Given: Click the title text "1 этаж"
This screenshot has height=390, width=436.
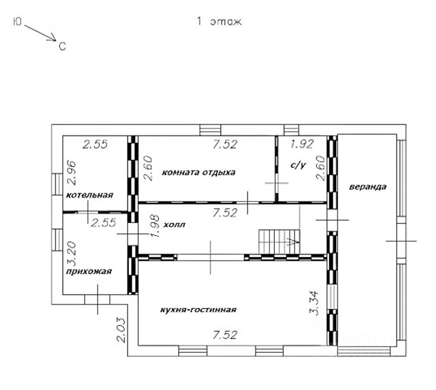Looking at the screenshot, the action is (x=219, y=21).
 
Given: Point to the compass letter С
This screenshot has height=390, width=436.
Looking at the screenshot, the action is (x=62, y=46).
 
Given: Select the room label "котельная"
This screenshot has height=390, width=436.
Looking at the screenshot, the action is (x=89, y=195).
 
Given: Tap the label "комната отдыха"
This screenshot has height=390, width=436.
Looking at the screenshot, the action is (x=198, y=172).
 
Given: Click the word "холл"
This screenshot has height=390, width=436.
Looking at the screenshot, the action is (x=174, y=225).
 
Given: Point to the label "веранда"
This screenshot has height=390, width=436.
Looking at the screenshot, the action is (x=368, y=187).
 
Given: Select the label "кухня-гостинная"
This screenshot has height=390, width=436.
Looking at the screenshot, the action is (x=198, y=310).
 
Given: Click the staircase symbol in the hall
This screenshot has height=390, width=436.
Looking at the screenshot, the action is (x=279, y=241).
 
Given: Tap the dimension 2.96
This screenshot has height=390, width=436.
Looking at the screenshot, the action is (x=72, y=173).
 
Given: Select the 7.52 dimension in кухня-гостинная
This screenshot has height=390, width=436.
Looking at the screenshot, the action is (x=225, y=335).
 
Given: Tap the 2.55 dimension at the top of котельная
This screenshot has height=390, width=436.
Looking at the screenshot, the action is (x=95, y=144).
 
